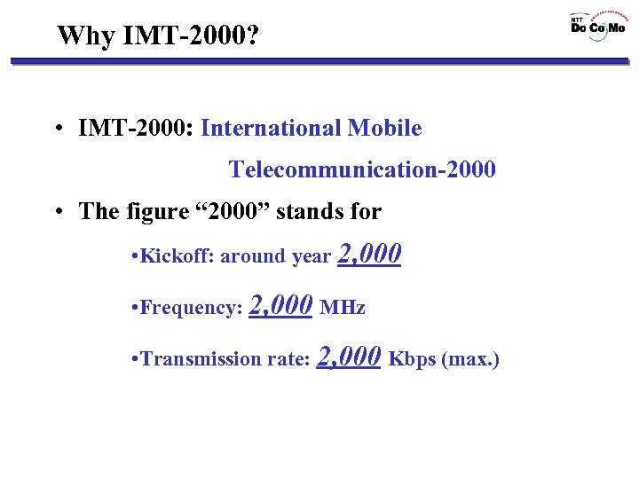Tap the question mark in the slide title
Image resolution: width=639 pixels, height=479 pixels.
coord(254,36)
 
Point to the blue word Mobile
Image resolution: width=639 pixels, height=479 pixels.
coord(384,129)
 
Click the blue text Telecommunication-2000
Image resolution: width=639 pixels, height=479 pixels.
coord(362,169)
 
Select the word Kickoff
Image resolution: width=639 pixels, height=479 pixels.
coord(174,257)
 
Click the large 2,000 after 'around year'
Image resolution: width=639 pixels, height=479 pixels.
coord(370,255)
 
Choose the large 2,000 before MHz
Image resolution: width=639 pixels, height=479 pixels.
coord(281,306)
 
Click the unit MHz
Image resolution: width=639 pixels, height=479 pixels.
coord(343,309)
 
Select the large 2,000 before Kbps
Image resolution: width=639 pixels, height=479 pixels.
coord(349,357)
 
